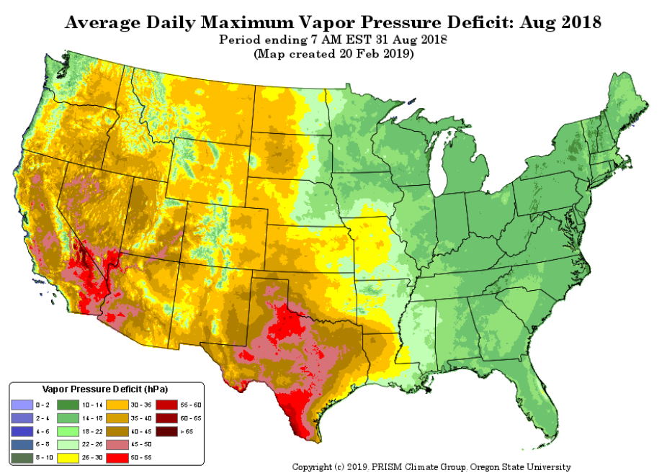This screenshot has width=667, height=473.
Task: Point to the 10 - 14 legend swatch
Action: [x=68, y=405]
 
